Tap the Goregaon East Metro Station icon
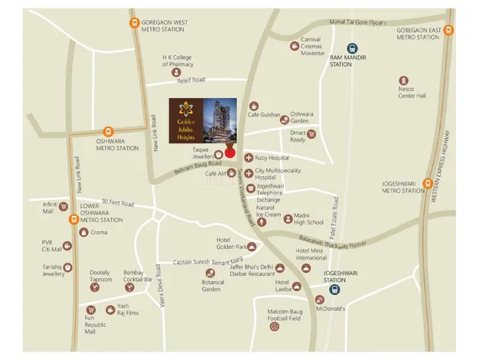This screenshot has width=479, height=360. click(x=448, y=31)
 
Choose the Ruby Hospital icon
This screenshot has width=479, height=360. click(x=248, y=158)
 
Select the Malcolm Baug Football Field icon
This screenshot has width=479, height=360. click(x=274, y=327)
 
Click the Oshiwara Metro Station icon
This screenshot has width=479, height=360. click(x=107, y=132)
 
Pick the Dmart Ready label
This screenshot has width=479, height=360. click(x=298, y=136)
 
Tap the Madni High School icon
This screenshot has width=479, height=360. click(x=288, y=218)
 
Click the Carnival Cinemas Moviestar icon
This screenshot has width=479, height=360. click(x=295, y=46)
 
